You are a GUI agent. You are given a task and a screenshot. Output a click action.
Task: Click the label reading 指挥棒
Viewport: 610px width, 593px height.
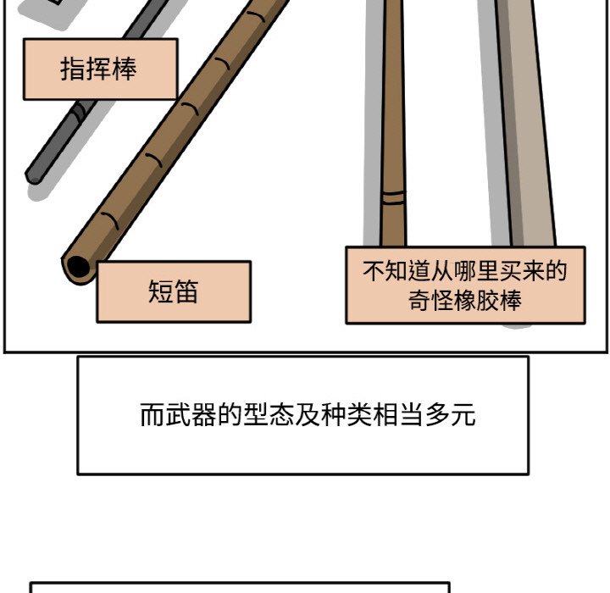(x=100, y=69)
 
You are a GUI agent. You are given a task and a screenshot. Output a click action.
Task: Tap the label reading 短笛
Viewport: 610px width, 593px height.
(x=174, y=291)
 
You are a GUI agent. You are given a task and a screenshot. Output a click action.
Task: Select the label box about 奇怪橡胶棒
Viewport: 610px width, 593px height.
(x=465, y=285)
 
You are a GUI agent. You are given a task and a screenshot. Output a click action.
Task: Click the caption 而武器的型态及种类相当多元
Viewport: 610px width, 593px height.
(x=308, y=415)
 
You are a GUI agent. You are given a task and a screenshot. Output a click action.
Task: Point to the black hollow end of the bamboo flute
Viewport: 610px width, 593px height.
(x=78, y=267)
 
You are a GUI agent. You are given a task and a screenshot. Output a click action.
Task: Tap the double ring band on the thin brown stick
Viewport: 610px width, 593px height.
(x=393, y=197)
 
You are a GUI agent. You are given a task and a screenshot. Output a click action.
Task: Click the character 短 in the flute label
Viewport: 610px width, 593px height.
(x=160, y=291)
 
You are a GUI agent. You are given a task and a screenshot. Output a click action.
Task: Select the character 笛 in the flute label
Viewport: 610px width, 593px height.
(x=186, y=291)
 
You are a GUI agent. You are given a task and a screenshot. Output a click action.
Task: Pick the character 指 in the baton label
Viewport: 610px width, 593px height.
(x=73, y=69)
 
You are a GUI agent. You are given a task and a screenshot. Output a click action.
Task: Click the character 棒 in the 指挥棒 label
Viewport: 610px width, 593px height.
(x=125, y=69)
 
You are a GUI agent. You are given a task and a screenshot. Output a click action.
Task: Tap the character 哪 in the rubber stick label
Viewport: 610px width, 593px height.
(x=465, y=271)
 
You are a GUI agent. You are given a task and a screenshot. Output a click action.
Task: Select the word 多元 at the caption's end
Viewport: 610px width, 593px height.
(x=450, y=415)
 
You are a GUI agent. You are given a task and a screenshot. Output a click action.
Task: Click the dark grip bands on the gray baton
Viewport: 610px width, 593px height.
(x=80, y=111)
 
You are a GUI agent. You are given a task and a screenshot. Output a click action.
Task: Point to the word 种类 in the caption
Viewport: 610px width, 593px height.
(x=347, y=415)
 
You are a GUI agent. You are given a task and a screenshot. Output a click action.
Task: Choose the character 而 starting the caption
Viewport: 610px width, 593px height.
(x=152, y=415)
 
